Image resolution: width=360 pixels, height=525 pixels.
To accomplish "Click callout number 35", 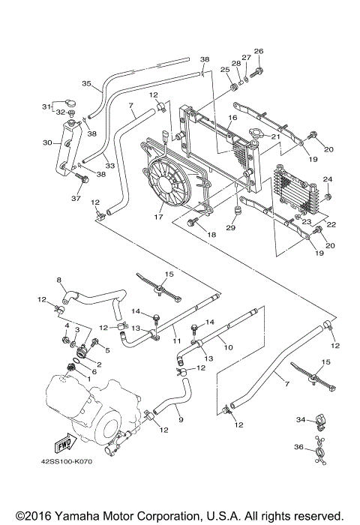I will (86, 84).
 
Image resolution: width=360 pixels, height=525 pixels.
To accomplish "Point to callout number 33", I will (109, 166).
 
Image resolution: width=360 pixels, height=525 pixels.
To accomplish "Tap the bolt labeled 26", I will (259, 72).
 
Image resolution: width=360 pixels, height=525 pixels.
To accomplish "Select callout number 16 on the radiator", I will (233, 118).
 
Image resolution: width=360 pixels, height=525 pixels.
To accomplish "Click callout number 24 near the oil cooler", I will (326, 178).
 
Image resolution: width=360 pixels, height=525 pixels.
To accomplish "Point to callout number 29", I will (231, 228).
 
